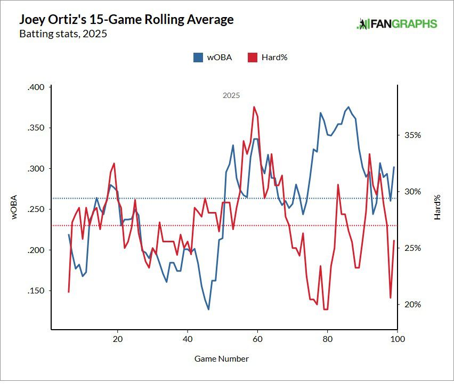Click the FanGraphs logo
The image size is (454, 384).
click(x=397, y=24)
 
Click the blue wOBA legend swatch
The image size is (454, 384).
click(x=198, y=58)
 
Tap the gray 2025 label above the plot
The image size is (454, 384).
click(x=231, y=96)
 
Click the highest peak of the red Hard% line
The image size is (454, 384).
click(x=254, y=107)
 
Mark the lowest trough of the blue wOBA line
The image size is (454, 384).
click(x=208, y=309)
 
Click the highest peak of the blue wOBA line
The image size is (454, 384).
click(x=348, y=107)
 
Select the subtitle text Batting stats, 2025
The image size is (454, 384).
click(x=63, y=35)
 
